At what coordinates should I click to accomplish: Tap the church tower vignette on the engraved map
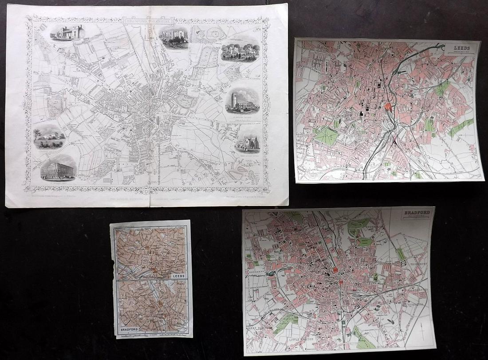click(242, 101)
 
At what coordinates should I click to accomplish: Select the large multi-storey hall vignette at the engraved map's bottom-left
click(58, 168)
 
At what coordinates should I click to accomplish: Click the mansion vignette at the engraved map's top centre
click(173, 36)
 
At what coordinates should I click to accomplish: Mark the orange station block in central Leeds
click(389, 107)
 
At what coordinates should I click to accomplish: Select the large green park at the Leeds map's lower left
click(326, 135)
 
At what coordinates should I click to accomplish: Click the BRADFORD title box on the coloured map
click(416, 215)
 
